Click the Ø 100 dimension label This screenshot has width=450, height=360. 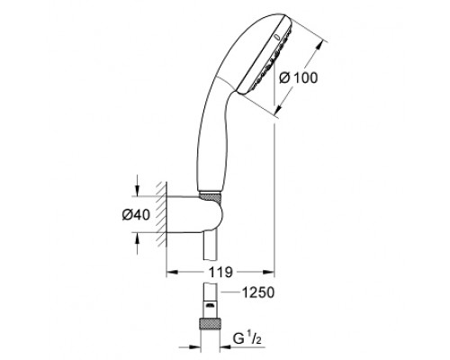pyautogui.click(x=298, y=78)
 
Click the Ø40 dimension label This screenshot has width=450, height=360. pyautogui.click(x=136, y=215)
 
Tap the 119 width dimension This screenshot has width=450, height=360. pyautogui.click(x=220, y=273)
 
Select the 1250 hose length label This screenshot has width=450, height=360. pyautogui.click(x=258, y=292)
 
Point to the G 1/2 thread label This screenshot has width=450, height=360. pyautogui.click(x=246, y=339)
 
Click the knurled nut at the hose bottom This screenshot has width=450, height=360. pyautogui.click(x=209, y=324)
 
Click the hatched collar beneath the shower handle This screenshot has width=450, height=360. pyautogui.click(x=210, y=198)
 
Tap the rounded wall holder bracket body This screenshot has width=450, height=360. pyautogui.click(x=195, y=214)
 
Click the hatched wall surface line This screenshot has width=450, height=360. pyautogui.click(x=161, y=214)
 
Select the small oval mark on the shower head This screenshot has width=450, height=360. pyautogui.click(x=277, y=37)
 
